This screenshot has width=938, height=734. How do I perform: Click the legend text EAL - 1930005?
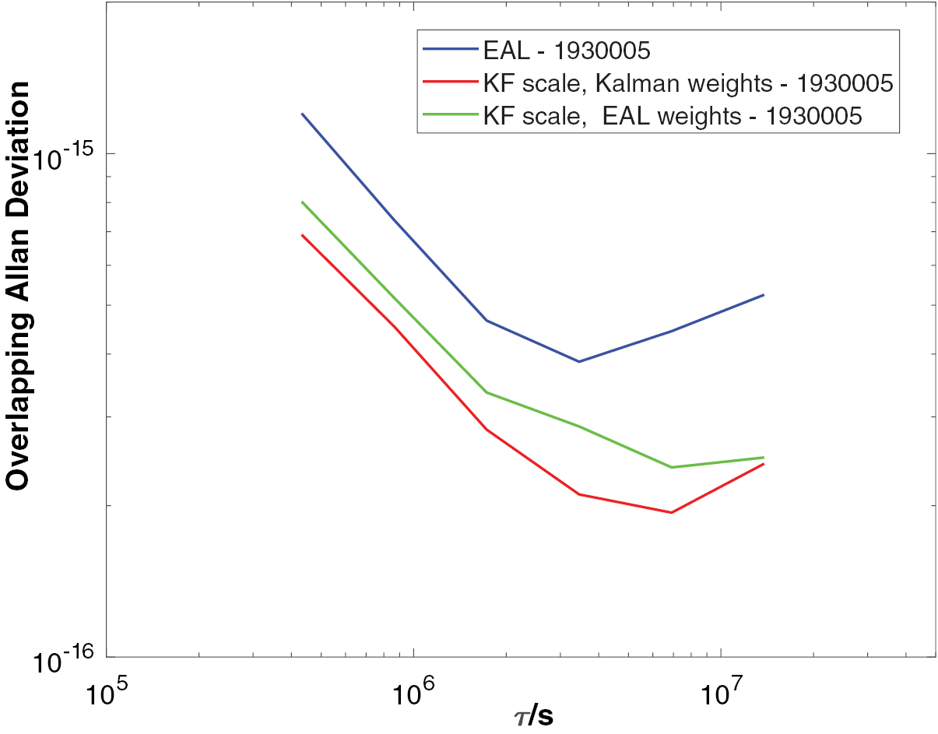coord(566,52)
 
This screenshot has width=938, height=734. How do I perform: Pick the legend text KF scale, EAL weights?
coord(673,115)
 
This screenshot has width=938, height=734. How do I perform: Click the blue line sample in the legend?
coord(449,49)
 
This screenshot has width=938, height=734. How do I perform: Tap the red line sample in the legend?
coord(449,81)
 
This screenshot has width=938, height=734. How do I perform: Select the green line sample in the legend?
coord(449,114)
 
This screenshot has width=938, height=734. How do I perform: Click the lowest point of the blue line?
coord(578,361)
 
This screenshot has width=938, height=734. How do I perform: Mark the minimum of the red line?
coord(670,512)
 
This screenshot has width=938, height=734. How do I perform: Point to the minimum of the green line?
coord(671,467)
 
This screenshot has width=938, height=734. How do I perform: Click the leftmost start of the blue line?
coord(302,114)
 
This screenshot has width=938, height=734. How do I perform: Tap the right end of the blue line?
coord(764,295)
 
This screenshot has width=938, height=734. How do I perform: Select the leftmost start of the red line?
coord(302,235)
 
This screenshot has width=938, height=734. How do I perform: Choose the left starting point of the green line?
coord(302,202)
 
